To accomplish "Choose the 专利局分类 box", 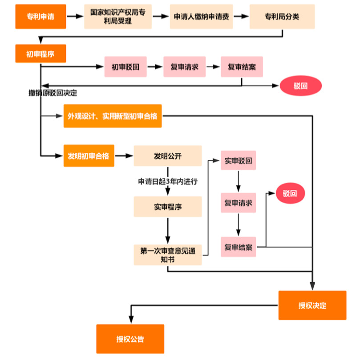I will coord(282,16).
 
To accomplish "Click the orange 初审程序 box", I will coord(40,54).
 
